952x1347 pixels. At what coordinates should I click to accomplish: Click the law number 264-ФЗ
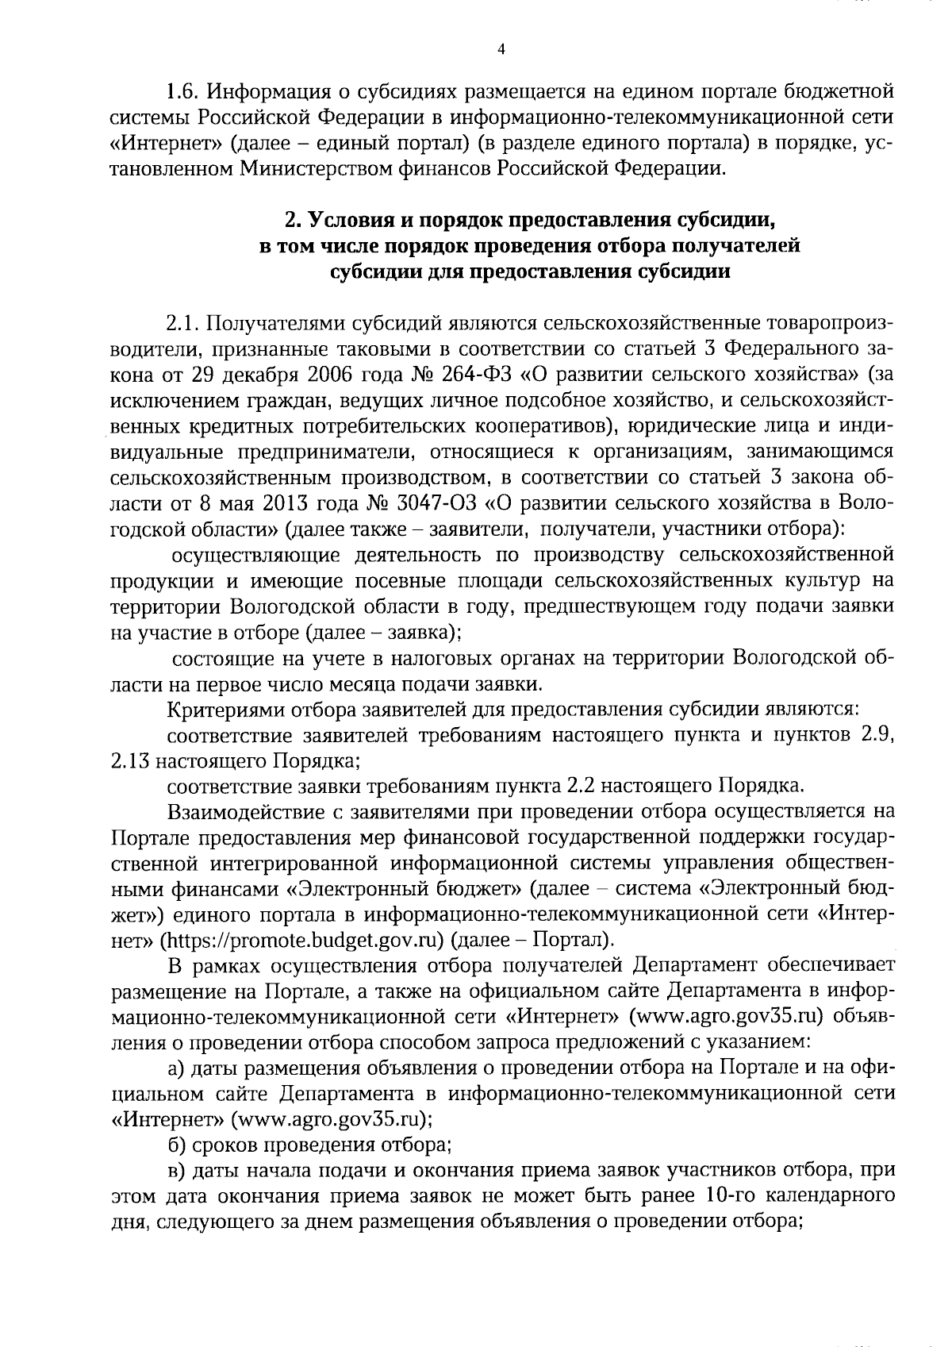point(466,374)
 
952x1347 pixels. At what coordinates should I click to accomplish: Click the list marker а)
point(178,1068)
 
